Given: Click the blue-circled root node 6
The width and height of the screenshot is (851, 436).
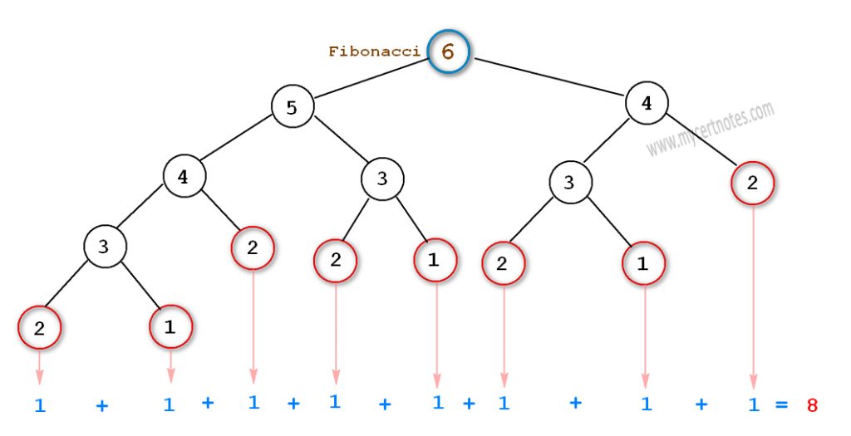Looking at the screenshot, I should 449,51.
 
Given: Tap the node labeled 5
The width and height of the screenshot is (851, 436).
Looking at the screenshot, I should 292,107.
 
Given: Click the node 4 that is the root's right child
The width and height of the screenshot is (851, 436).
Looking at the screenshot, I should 647,103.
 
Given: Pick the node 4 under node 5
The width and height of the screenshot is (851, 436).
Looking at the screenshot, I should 184,176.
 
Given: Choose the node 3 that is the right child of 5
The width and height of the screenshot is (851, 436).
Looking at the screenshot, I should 382,178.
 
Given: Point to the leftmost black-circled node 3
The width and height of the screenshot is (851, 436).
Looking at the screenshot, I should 104,246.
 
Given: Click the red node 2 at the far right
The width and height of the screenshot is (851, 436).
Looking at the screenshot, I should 752,184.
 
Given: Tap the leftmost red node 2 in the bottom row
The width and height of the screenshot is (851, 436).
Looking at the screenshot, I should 39,329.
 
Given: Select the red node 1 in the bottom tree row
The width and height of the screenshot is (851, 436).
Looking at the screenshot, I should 170,327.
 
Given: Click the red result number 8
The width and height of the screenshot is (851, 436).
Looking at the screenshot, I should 812,405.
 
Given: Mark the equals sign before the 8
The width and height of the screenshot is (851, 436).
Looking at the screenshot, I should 781,404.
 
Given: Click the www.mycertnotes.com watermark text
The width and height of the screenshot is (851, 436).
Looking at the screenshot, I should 711,129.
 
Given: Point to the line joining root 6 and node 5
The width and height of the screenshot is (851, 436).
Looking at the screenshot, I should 370,78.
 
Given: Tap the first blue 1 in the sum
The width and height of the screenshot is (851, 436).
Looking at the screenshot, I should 39,406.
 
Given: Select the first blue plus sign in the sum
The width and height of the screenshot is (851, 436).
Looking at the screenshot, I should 101,406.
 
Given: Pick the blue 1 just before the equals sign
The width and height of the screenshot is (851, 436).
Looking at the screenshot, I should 752,404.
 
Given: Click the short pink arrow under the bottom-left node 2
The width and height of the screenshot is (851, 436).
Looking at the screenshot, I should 39,365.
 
